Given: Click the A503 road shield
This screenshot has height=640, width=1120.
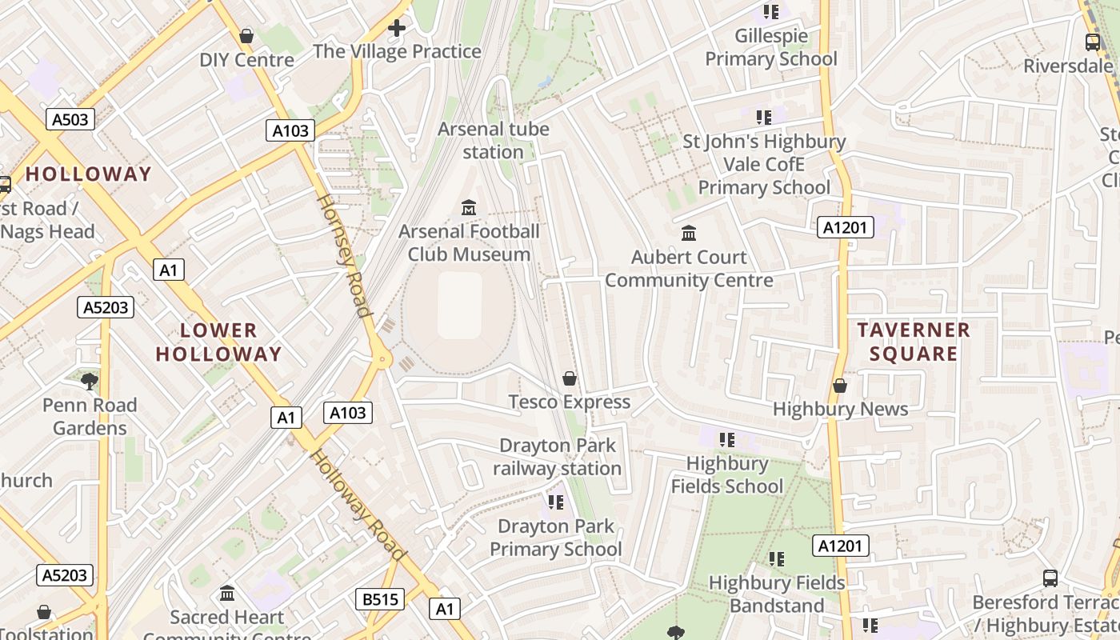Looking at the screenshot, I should [x=70, y=120].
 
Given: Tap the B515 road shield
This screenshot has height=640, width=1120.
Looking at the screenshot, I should [x=380, y=599].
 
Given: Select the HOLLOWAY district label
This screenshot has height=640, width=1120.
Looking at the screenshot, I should [x=88, y=174].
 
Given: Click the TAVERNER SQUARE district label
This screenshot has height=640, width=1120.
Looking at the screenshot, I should [x=913, y=342].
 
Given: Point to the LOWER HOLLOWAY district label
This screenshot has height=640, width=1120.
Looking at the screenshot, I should [x=218, y=342].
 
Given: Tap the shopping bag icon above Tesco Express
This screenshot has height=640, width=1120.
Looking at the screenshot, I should [x=570, y=378].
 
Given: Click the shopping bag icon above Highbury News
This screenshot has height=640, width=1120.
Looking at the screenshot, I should [x=839, y=386].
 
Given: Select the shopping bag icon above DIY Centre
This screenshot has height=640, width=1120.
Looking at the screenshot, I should [x=246, y=36].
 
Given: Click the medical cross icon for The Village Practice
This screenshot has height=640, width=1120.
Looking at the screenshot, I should [x=397, y=29].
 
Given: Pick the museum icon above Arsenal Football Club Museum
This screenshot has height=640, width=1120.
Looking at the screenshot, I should [x=469, y=208].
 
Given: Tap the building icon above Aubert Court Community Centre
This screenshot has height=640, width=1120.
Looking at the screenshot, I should [x=688, y=234].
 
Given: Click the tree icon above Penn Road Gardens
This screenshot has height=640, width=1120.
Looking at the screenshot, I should [x=90, y=381].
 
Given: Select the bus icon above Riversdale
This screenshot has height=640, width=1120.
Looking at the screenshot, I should [x=1092, y=42].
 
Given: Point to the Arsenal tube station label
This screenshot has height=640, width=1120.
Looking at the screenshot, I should [x=494, y=140].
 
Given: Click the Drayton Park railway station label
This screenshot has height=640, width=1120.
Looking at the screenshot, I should [x=557, y=457].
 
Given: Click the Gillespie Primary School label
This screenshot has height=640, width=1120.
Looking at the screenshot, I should [x=771, y=47].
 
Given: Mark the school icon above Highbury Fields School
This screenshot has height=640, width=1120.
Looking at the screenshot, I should [x=726, y=439].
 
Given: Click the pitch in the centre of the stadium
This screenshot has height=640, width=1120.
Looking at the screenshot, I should [x=460, y=306].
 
